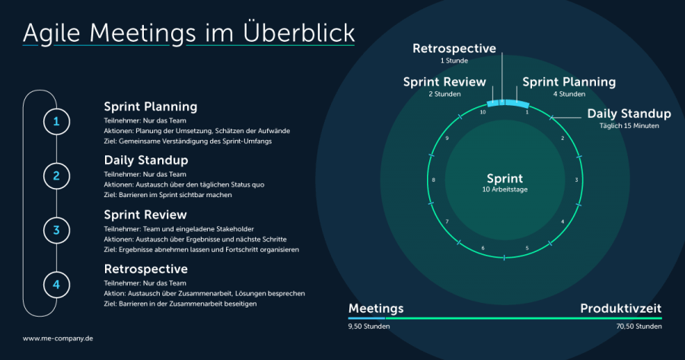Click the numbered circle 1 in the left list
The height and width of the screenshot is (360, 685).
click(56, 121)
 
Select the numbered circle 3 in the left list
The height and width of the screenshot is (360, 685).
click(56, 230)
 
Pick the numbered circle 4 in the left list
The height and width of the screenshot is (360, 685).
click(56, 285)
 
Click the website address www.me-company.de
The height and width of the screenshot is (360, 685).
click(58, 338)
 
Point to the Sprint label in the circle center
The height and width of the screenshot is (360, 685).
click(505, 179)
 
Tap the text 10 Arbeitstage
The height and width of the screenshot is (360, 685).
click(505, 190)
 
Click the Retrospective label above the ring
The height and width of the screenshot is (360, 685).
click(454, 49)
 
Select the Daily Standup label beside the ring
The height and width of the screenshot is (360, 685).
click(629, 114)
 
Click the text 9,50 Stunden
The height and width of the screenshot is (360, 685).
click(369, 327)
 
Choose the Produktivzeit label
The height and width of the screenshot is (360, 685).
click(620, 308)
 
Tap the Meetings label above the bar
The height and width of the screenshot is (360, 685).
click(376, 308)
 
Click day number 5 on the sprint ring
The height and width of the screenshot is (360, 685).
click(527, 248)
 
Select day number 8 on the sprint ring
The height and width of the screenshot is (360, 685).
click(433, 180)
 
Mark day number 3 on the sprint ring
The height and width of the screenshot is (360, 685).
click(576, 180)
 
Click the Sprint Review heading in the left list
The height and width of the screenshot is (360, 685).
click(145, 215)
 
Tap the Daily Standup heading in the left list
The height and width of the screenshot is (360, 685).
click(145, 161)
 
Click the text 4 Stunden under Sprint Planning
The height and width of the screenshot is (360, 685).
click(569, 94)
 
